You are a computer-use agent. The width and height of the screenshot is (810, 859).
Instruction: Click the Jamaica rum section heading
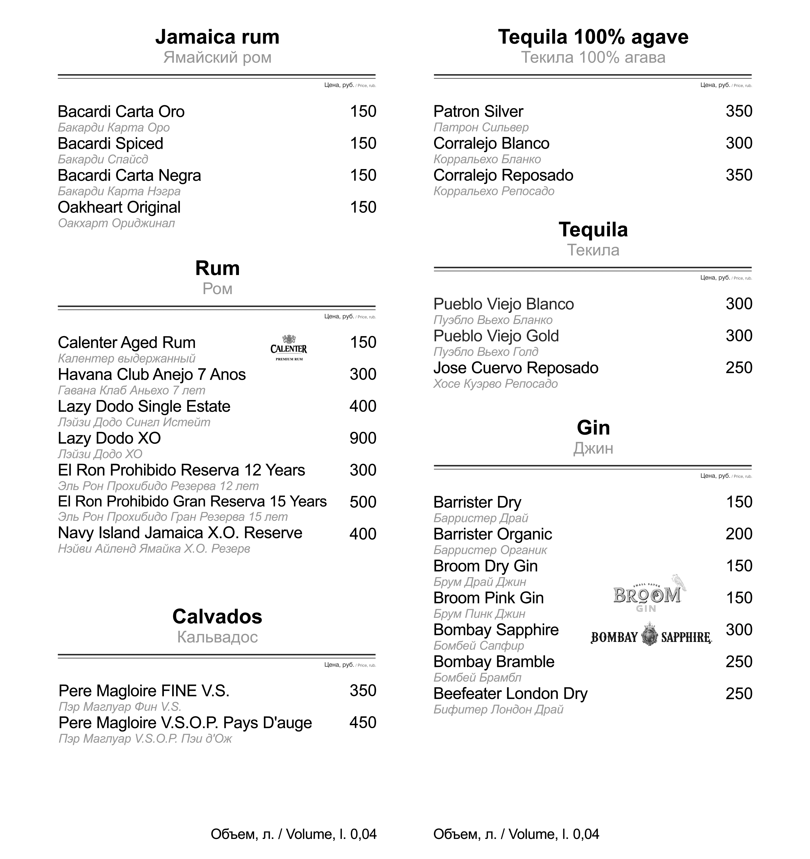(217, 37)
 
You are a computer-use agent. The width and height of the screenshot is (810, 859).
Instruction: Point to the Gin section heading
(593, 428)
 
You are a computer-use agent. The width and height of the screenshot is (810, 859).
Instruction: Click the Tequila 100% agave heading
(593, 37)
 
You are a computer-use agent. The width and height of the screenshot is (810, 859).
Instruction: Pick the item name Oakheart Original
(119, 207)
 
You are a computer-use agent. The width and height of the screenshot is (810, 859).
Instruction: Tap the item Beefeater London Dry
(510, 694)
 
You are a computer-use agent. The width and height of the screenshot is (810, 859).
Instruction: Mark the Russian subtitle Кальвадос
(217, 637)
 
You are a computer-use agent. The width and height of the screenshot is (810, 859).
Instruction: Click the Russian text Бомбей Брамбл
(477, 677)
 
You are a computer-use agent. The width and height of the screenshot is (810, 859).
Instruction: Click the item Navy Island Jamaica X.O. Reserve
(180, 533)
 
